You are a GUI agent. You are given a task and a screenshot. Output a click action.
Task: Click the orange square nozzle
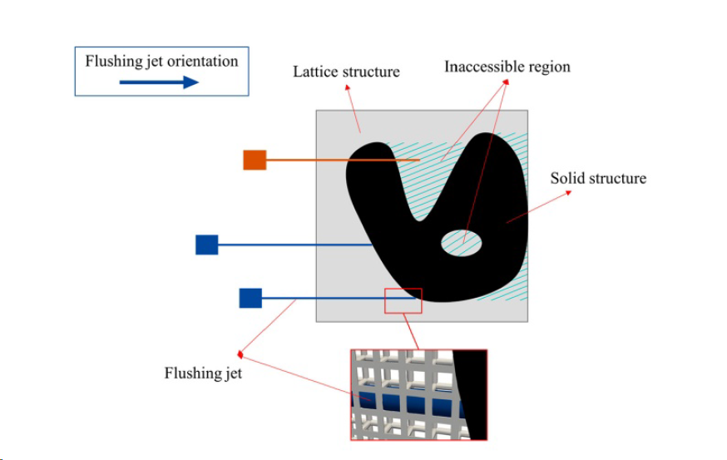click(255, 160)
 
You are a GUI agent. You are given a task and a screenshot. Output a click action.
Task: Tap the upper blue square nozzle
click(206, 245)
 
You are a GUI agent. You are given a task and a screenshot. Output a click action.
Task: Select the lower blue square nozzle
click(250, 298)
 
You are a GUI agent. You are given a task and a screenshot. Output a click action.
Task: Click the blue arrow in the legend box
click(159, 82)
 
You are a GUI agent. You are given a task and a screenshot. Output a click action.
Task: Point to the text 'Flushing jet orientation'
click(161, 62)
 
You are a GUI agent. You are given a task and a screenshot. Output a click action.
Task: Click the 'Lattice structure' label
click(346, 72)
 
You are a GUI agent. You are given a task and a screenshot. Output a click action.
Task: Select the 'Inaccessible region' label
click(507, 67)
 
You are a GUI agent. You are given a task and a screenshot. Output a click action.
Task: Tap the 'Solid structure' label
click(598, 178)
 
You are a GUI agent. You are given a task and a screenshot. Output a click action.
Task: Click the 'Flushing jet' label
click(203, 373)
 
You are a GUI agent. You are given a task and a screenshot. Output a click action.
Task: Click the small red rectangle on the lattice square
click(403, 300)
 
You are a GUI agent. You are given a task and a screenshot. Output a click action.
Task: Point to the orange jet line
click(333, 160)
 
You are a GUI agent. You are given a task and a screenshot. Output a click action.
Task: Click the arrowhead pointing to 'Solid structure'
click(570, 192)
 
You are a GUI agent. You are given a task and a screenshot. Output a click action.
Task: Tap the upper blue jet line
click(291, 245)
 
